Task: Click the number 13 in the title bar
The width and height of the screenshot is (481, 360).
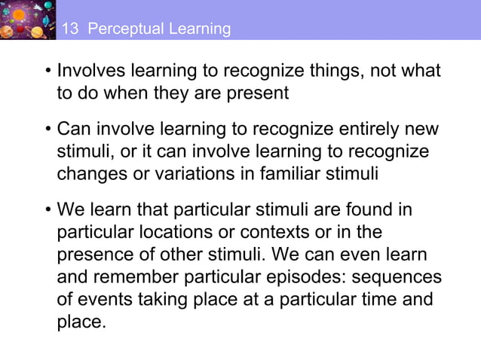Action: coord(69,29)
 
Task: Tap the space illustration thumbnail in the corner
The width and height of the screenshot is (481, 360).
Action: coord(28,19)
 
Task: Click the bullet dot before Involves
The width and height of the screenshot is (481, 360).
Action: coord(47,73)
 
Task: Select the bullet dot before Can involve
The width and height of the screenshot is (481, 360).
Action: coord(47,130)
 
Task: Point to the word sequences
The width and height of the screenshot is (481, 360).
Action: coord(396,278)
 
